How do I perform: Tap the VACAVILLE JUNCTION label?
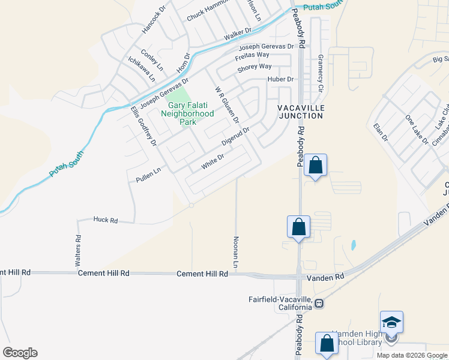point(301,111)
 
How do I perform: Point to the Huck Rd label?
point(105,220)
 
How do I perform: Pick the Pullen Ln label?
point(149,173)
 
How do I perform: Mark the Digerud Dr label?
point(235,139)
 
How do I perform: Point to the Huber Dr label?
point(280,79)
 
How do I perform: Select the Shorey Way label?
point(255,67)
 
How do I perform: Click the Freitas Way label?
point(252,55)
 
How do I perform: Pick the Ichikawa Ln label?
point(142,69)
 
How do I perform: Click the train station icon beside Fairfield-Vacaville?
point(320,304)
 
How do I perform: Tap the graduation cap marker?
point(391,323)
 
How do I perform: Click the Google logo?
point(20,353)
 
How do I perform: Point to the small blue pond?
point(353,245)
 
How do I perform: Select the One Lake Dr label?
point(417,130)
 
